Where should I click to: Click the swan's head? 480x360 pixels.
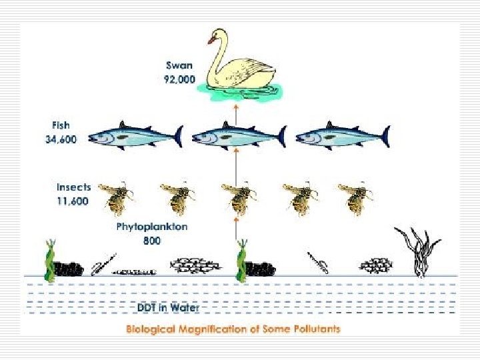(214, 37)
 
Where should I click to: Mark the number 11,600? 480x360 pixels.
(72, 201)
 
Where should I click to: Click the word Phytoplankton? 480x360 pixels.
(152, 227)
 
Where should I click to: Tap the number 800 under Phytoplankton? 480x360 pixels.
(152, 241)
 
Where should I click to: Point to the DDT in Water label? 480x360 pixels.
(168, 308)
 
